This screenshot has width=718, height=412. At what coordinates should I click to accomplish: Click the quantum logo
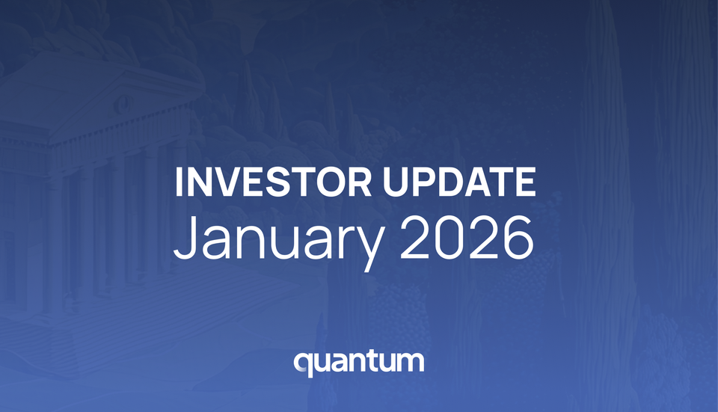click(x=359, y=362)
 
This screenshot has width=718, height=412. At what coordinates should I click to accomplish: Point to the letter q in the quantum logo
click(x=303, y=364)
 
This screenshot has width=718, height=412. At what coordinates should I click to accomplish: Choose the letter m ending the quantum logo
click(x=412, y=363)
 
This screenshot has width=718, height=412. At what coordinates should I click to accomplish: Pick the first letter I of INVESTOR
click(x=179, y=182)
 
